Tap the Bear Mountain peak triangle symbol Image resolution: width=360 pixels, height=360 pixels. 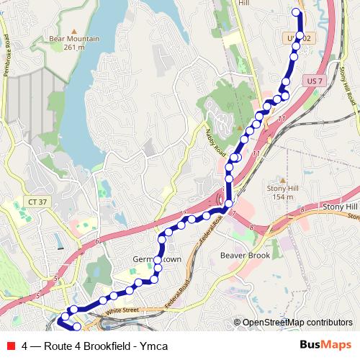tap(73, 32)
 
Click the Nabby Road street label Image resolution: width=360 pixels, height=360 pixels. tap(216, 141)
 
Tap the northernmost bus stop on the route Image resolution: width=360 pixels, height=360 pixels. tap(295, 12)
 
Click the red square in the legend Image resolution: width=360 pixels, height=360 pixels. tap(10, 346)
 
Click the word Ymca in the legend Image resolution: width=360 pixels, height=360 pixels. tap(155, 346)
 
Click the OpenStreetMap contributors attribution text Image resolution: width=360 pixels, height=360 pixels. tap(297, 323)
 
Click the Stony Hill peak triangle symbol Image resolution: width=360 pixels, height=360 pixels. tap(283, 180)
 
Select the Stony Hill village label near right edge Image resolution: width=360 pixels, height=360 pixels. tap(340, 207)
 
